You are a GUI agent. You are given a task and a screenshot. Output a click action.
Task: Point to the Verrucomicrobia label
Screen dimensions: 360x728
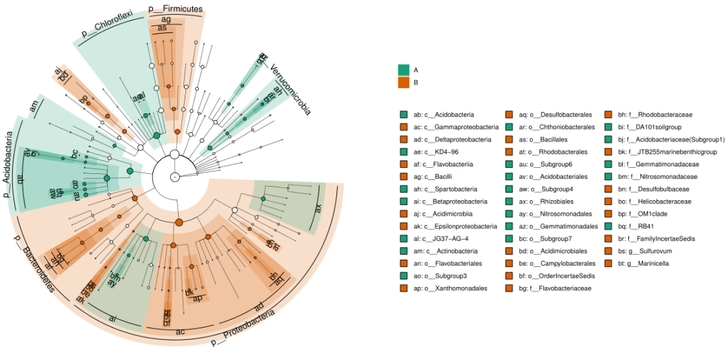(291, 89)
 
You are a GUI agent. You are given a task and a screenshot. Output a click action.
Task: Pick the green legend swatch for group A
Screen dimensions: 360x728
(404, 69)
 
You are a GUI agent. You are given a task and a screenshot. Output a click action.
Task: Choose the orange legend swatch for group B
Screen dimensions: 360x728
(404, 82)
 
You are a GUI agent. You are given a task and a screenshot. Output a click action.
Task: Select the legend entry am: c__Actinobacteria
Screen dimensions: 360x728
(446, 251)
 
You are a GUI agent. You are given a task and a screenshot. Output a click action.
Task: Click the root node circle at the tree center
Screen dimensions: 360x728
(175, 177)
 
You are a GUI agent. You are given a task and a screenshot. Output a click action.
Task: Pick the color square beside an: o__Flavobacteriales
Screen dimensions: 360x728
(404, 264)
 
